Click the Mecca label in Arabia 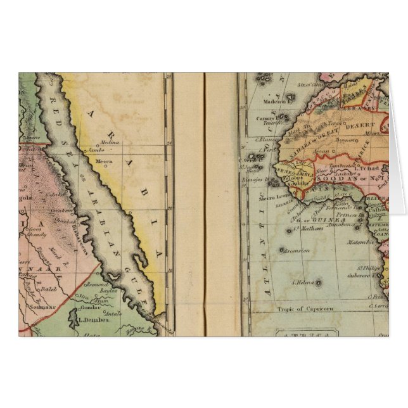pos(103,162)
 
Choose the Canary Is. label pos(267,118)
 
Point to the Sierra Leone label pos(271,197)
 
